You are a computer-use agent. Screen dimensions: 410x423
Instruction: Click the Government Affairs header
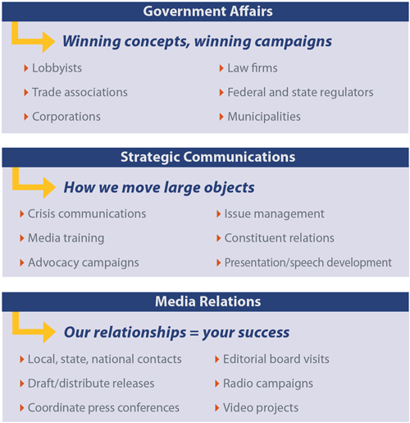point(207,11)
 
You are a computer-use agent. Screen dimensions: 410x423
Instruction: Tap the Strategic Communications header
point(207,157)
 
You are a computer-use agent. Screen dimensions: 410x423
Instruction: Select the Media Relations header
point(207,301)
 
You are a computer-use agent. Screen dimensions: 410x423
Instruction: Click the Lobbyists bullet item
point(57,68)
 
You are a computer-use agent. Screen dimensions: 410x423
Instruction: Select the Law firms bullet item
point(253,68)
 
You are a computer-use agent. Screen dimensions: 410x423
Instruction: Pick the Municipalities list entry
point(264,117)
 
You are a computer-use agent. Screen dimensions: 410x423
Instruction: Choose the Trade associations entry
point(80,92)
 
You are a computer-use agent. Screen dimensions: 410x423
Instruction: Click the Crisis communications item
point(87,214)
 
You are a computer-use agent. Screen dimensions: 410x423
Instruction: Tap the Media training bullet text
point(66,238)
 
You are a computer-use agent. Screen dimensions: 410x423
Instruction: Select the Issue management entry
point(274,214)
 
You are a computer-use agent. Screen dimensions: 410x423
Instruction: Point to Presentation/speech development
point(308,263)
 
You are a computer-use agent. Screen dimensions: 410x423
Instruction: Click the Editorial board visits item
point(276,359)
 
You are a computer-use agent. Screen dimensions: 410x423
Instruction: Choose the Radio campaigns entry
point(268,384)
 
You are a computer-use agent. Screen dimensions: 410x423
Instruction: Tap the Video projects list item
point(261,408)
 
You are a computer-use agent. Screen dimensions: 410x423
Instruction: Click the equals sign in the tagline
point(194,333)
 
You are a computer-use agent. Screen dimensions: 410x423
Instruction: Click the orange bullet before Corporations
point(26,117)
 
